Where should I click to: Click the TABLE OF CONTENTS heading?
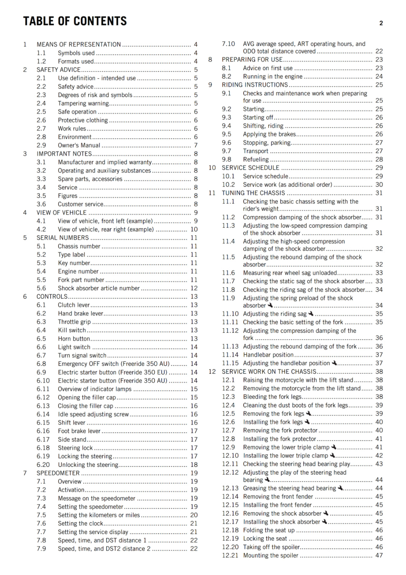click(x=75, y=21)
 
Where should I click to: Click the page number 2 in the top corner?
click(x=381, y=23)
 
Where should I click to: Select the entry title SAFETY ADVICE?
click(x=59, y=70)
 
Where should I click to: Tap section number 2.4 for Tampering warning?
click(x=41, y=103)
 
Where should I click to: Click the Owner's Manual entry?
click(x=79, y=146)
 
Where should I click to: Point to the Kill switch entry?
click(x=72, y=330)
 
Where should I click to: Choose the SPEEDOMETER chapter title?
click(x=58, y=473)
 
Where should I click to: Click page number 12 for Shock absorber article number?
click(x=194, y=288)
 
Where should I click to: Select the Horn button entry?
click(x=74, y=339)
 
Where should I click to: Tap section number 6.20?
click(x=43, y=465)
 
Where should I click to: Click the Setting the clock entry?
click(x=80, y=524)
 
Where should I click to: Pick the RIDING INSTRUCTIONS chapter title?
click(x=255, y=85)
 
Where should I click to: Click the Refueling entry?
click(x=256, y=160)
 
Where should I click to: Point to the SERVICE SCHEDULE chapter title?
click(x=250, y=168)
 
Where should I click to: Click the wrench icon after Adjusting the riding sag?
click(x=311, y=314)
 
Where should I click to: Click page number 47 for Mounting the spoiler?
click(x=379, y=556)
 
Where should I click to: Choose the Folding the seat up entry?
click(x=269, y=530)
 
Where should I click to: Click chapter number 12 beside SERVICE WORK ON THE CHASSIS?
click(x=212, y=372)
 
